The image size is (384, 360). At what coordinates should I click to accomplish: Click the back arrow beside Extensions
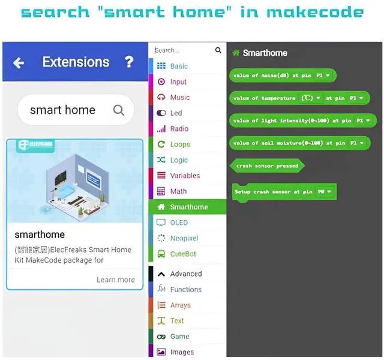pos(19,62)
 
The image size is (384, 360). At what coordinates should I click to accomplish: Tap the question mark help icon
pos(128,62)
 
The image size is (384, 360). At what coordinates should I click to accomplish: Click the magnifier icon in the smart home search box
pos(119,110)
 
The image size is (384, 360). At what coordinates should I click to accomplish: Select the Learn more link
pos(115,280)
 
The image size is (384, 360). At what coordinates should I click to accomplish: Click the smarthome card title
pos(40,234)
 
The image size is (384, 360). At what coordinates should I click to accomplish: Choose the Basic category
pos(178,66)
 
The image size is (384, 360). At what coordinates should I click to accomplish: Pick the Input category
pos(178,82)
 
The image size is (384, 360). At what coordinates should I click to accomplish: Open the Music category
pos(179,97)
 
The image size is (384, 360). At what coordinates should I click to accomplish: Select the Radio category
pos(179,128)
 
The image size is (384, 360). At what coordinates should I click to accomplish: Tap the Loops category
pos(179,144)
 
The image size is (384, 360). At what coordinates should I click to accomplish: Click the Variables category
pos(185,176)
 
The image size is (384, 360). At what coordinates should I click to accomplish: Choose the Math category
pos(178,191)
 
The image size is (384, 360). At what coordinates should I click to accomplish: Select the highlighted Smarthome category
pos(188,207)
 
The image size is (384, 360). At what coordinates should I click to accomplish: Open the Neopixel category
pos(184,238)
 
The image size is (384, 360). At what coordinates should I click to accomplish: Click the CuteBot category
pos(183,254)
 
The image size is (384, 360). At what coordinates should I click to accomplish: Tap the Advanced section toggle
pos(185,274)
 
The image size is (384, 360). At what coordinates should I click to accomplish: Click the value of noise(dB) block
pos(282,75)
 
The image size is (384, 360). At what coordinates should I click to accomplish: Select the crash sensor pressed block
pos(267,166)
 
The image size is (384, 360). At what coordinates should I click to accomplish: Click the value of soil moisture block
pos(297,143)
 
